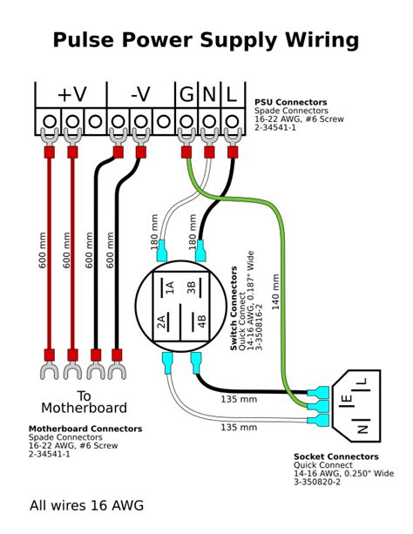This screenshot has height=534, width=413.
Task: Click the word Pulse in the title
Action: pos(83,39)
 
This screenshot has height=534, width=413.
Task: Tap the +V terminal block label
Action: pos(72,94)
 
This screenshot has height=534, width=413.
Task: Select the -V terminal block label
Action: pos(140,94)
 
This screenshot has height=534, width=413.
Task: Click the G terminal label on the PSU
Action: pos(186,94)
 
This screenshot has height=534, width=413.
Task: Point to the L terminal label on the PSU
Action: pos(232,94)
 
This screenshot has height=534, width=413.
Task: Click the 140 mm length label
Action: pos(275,292)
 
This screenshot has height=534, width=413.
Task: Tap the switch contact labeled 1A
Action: pos(170,287)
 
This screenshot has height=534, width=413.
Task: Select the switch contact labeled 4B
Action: pos(202,321)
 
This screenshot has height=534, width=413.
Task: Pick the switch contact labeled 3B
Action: pos(191,287)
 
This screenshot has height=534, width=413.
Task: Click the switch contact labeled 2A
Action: pos(161,321)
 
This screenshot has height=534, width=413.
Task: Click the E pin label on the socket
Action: pos(347,398)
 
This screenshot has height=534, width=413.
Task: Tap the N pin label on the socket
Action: pos(362,429)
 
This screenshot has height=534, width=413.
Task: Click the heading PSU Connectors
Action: pos(291,102)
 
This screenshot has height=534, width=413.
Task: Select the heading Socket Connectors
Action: pos(336,456)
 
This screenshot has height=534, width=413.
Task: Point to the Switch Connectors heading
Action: pos(234,308)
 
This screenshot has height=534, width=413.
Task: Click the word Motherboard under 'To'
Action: pos(84,408)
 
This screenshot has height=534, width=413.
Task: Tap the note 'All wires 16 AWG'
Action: pos(86,505)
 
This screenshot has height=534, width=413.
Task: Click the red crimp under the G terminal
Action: pos(186,152)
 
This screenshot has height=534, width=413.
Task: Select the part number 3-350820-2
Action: pos(317,482)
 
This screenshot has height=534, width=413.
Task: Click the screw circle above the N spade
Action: pos(209,121)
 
